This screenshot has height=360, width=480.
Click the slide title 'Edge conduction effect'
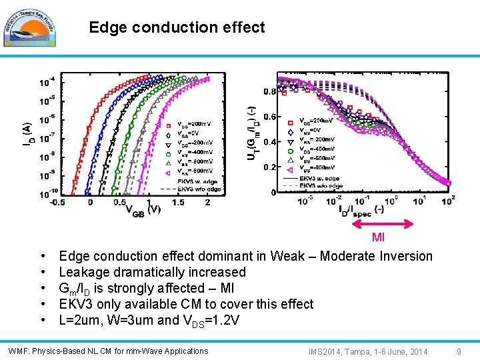point(177,27)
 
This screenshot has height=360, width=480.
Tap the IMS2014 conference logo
point(29,27)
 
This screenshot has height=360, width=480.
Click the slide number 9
point(459,351)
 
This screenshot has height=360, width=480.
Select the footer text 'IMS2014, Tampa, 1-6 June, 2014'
point(367,351)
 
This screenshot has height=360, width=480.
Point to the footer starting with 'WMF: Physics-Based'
point(108,351)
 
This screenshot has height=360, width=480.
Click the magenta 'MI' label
point(378,237)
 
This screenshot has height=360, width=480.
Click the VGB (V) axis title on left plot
point(143,210)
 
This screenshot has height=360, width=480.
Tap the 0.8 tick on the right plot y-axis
point(269,91)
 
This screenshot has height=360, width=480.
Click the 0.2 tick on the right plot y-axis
point(269,167)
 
